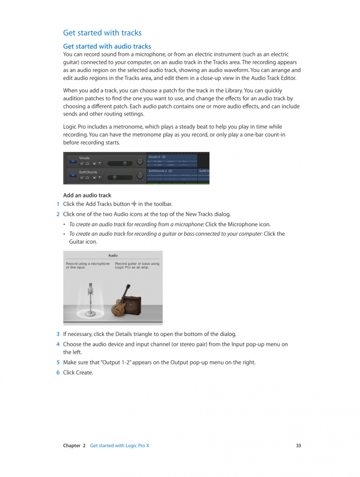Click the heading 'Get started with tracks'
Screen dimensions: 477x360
pyautogui.click(x=102, y=33)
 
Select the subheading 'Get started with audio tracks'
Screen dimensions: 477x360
pyautogui.click(x=107, y=46)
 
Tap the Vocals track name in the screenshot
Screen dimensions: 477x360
pyautogui.click(x=84, y=158)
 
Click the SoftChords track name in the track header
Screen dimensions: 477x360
pyautogui.click(x=89, y=172)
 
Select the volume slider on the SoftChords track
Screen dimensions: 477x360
pyautogui.click(x=121, y=177)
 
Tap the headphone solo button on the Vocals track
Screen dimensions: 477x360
pyautogui.click(x=88, y=164)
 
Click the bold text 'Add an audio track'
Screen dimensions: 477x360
pyautogui.click(x=87, y=195)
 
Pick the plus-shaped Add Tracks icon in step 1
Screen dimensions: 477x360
pyautogui.click(x=134, y=204)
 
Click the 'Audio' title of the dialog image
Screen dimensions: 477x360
pyautogui.click(x=113, y=256)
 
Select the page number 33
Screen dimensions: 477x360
pyautogui.click(x=298, y=446)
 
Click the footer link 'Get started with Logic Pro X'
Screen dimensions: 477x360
pyautogui.click(x=119, y=446)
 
